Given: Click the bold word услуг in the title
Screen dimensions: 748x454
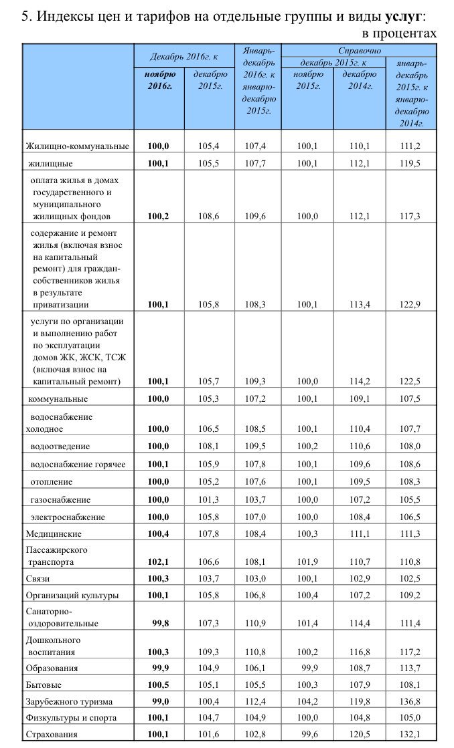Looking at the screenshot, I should point(403,15).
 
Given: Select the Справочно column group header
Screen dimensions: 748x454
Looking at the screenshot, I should point(359,50).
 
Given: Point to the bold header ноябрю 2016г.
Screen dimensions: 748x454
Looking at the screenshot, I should point(159,81).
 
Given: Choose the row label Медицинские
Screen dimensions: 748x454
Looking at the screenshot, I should point(54,534).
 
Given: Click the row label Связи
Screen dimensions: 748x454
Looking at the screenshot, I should point(37,578).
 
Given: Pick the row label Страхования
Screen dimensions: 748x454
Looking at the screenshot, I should point(52,734).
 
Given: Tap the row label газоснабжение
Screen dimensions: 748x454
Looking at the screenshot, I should point(60,499).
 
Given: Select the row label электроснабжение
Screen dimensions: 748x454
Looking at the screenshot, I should point(68,517).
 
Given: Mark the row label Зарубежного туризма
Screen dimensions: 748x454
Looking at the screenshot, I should point(69,701).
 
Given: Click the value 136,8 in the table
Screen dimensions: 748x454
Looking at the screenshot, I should point(410,701).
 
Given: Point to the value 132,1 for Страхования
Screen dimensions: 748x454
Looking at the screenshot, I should point(410,734).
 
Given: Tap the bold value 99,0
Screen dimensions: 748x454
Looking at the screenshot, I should point(159,701).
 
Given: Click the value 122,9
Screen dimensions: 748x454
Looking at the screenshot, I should point(410,305).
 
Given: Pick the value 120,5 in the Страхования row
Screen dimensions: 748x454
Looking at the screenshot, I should point(360,734).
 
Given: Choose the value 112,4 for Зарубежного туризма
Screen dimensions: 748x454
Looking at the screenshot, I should point(257,701).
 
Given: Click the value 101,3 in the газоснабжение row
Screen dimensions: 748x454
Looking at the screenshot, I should point(210,499).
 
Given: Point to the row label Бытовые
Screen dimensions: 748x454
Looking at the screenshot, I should point(44,684).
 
